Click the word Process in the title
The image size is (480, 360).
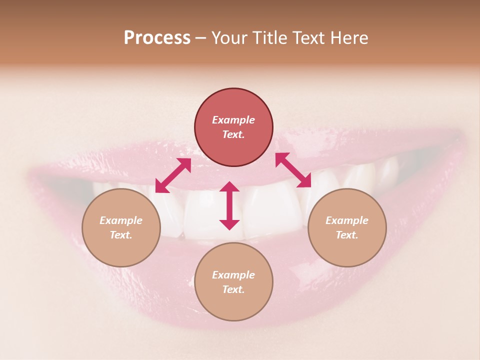click(x=157, y=38)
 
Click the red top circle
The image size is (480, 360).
click(x=233, y=127)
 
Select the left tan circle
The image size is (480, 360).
click(x=121, y=227)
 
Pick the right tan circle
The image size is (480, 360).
click(x=347, y=227)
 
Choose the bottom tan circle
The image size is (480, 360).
click(x=233, y=282)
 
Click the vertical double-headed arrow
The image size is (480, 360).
click(x=229, y=205)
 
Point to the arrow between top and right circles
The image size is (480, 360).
click(x=293, y=170)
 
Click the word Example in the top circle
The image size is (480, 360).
click(x=233, y=120)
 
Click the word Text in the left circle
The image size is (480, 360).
click(x=121, y=235)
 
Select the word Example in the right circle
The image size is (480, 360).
click(x=347, y=220)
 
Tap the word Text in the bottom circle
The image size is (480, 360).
click(x=233, y=289)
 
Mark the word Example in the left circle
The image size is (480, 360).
click(x=121, y=220)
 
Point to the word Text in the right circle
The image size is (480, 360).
click(x=347, y=235)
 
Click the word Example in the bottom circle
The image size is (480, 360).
click(x=233, y=275)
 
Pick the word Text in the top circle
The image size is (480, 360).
click(x=233, y=134)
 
